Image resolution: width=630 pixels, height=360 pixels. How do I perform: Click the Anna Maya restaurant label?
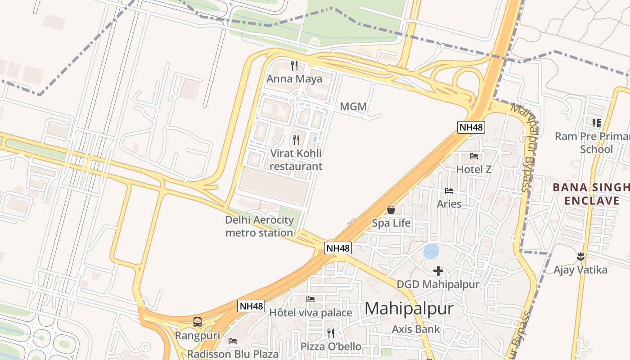[x=294, y=79]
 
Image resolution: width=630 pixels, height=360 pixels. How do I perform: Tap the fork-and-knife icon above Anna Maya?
[x=294, y=66]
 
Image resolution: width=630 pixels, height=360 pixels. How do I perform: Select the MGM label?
[x=353, y=107]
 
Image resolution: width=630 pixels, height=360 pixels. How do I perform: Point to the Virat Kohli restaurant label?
[x=296, y=160]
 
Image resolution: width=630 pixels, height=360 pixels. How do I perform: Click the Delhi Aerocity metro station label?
[x=259, y=226]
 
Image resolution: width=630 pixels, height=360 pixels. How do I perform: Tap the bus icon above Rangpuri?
[x=198, y=322]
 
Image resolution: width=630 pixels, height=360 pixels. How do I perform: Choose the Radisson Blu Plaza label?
[x=233, y=354]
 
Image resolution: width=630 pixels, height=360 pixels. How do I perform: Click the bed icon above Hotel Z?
[x=474, y=156]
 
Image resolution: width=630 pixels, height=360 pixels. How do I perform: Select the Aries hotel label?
[x=449, y=204]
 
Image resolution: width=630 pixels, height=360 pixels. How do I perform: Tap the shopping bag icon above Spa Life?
[x=391, y=210]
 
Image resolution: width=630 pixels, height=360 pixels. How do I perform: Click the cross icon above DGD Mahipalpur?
[x=438, y=271]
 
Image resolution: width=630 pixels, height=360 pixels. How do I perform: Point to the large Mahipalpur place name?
[x=409, y=309]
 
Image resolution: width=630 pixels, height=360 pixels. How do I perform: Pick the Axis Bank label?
[x=416, y=329]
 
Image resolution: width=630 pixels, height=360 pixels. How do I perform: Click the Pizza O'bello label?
[x=331, y=346]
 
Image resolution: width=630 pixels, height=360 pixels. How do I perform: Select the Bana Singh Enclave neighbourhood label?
[x=590, y=194]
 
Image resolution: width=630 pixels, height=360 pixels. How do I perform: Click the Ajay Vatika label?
[x=580, y=270]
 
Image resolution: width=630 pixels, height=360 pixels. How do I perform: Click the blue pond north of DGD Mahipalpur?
[x=431, y=251]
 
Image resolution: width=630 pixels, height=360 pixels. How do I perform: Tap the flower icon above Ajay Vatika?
[x=580, y=256]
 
